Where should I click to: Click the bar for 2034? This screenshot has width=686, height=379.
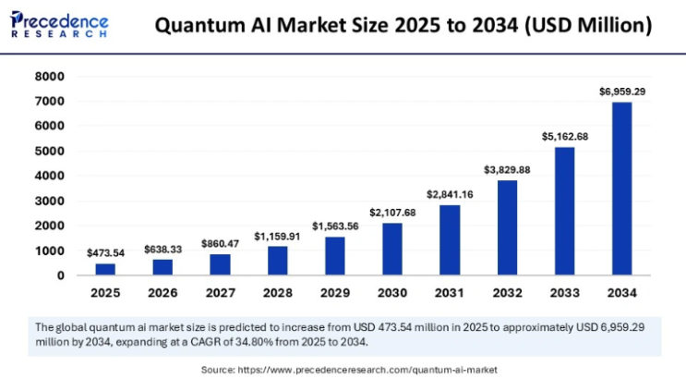click(622, 189)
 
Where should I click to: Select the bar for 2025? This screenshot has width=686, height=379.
click(106, 269)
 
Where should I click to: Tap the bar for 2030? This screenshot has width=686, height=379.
click(392, 249)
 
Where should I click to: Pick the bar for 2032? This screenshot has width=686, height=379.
click(507, 227)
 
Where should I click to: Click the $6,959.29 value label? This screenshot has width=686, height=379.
click(622, 91)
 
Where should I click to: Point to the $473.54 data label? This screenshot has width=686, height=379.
click(106, 252)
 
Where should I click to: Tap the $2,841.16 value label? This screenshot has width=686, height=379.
click(450, 194)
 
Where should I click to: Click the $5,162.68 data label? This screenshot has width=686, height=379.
click(565, 136)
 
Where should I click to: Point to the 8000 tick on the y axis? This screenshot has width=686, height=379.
click(51, 77)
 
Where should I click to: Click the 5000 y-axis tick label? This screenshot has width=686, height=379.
click(51, 151)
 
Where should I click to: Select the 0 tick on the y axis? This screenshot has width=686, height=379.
click(61, 275)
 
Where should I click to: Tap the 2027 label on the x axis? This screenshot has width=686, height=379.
click(221, 293)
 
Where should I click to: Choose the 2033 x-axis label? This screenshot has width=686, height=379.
click(565, 293)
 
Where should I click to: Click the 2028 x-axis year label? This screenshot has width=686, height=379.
click(278, 293)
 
